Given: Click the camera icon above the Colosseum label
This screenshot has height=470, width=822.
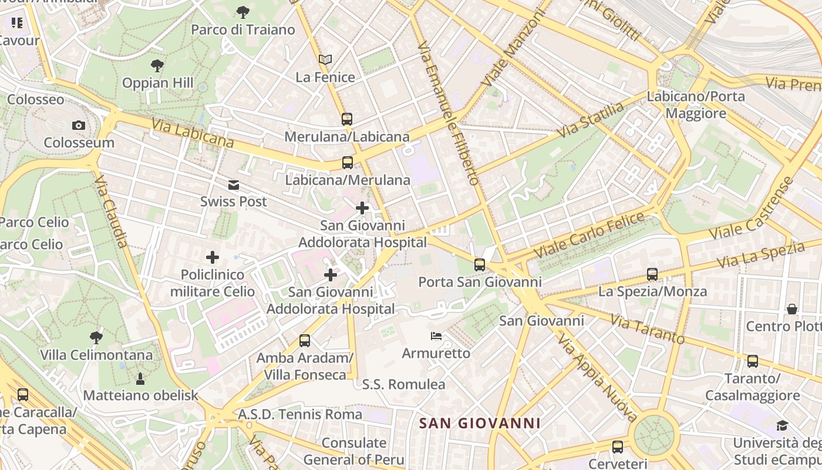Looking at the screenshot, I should point(78,125).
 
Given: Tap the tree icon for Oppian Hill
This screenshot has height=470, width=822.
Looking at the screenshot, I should point(157,65).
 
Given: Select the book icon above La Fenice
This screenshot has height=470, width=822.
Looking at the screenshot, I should point(325,59).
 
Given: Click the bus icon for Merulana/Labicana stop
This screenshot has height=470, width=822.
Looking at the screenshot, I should point(347,119).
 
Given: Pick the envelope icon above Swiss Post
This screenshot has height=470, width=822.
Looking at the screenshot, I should point(234,185).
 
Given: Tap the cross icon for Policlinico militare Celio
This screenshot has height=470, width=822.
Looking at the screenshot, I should point(213,257).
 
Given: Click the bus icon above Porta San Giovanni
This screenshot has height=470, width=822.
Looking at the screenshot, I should point(480,265).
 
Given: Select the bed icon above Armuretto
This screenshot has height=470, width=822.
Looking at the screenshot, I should point(436,336).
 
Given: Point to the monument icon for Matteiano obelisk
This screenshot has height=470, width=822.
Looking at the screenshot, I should point(140,378).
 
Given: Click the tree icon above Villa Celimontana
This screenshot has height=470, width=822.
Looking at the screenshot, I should point(96,337).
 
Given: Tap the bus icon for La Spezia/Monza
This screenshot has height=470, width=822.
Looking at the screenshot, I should point(652,274).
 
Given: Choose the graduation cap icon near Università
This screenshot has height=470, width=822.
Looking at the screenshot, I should point(782,425).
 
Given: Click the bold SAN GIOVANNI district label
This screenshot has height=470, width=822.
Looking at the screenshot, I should point(480,423).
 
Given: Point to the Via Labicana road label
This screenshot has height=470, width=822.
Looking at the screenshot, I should point(193,133).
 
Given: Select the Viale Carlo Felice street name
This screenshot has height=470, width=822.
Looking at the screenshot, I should point(588,235).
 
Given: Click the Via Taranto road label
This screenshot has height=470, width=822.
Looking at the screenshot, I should point(647,329).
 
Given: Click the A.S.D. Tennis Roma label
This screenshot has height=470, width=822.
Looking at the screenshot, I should point(300,414).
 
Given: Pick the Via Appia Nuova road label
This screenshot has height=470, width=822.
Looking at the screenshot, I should point(597,378).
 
